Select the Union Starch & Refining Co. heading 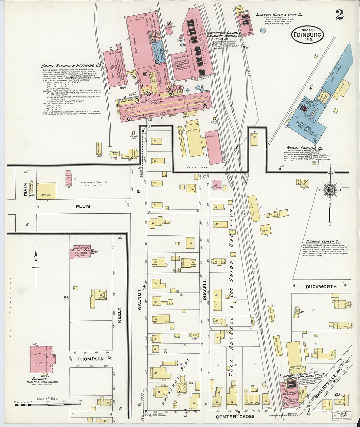tap(71, 65)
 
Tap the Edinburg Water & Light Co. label tap(279, 15)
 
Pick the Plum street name tap(83, 206)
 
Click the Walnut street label tap(139, 299)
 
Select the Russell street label tap(205, 290)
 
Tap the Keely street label tap(119, 315)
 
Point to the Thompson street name tap(90, 359)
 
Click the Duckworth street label tap(321, 287)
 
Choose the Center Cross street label tap(235, 417)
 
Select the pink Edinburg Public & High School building tap(43, 359)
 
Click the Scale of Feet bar tap(32, 405)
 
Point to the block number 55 tap(66, 298)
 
